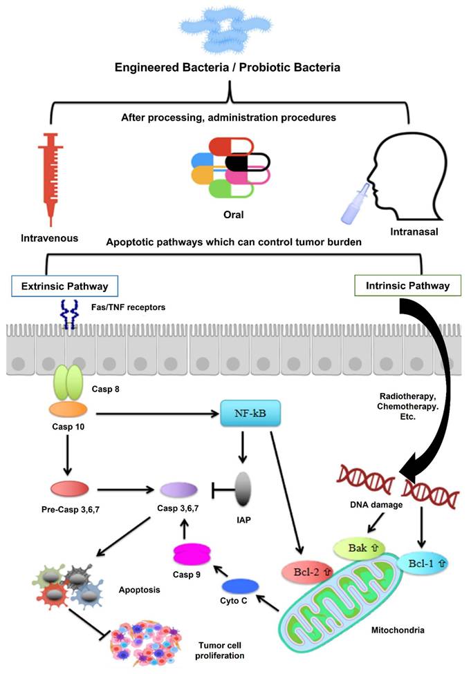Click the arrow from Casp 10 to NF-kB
[156, 414]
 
